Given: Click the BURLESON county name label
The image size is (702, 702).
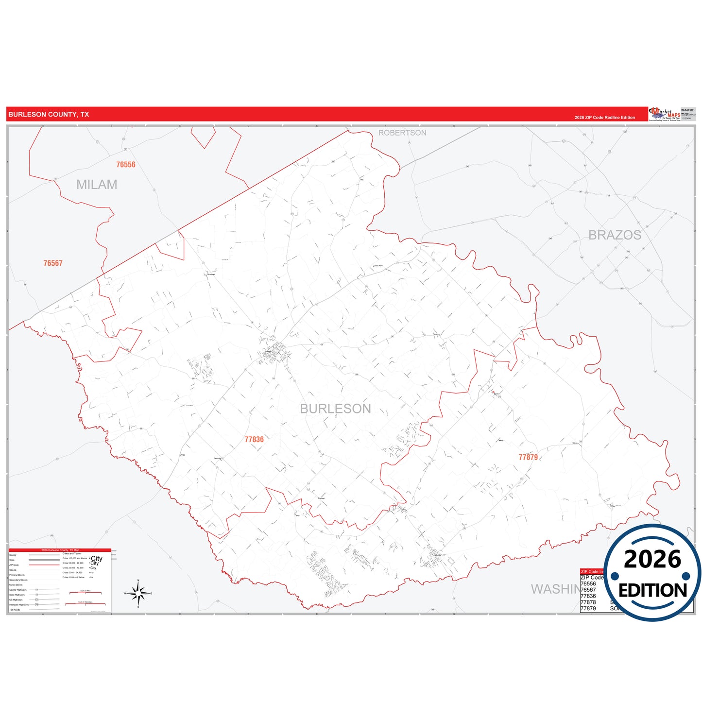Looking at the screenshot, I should click(x=335, y=409).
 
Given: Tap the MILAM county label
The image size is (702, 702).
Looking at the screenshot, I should click(x=97, y=185).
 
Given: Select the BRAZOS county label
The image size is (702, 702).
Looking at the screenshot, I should click(x=615, y=235).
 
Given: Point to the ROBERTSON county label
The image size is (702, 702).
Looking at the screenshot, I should click(x=402, y=133).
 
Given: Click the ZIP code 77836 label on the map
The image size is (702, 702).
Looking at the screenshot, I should click(x=254, y=440).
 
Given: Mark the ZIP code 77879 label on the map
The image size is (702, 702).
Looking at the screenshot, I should click(x=528, y=457).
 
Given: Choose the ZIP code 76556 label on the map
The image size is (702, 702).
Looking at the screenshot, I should click(x=126, y=165).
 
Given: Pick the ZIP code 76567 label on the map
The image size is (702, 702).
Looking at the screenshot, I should click(x=53, y=263).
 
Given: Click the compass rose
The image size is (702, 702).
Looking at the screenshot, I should click(x=138, y=594).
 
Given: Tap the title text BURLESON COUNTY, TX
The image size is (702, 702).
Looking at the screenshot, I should click(x=49, y=115).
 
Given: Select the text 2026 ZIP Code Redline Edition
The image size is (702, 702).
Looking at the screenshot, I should click(x=605, y=118).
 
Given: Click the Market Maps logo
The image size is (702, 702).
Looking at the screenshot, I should click(x=665, y=114).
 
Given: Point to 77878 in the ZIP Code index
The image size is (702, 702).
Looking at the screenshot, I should click(x=588, y=602).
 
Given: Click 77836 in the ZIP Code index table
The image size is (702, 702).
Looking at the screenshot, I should click(x=588, y=596).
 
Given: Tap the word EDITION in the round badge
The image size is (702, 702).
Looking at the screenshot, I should click(x=652, y=591).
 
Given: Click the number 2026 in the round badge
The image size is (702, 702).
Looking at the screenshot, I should click(x=652, y=560).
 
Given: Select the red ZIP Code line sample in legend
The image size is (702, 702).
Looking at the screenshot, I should click(x=44, y=565).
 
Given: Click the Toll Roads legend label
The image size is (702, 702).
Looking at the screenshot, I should click(x=15, y=610).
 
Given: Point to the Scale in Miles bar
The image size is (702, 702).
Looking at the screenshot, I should click(x=86, y=593).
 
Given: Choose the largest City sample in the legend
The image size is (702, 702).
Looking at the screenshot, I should click(x=97, y=559).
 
